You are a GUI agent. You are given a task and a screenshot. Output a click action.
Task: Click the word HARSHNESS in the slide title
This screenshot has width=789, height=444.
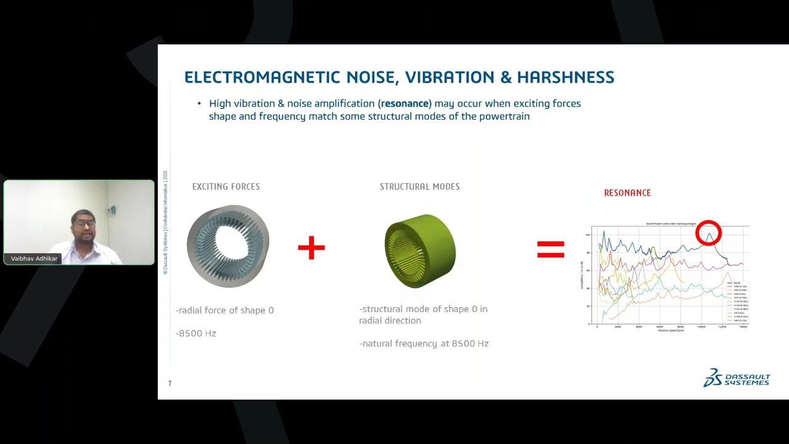(x=565, y=77)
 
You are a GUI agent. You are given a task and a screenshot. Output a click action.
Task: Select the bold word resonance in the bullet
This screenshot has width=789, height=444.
(x=404, y=104)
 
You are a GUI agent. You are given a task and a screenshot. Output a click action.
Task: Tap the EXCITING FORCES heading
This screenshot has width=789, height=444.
(x=226, y=187)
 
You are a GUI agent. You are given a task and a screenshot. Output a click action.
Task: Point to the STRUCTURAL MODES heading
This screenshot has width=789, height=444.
(x=419, y=187)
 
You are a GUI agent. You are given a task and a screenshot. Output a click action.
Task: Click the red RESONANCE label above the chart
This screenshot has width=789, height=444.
(x=627, y=193)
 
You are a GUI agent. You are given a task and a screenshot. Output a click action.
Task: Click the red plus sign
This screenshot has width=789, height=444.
(x=311, y=247)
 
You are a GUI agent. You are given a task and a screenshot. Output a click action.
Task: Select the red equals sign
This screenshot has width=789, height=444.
(x=550, y=249)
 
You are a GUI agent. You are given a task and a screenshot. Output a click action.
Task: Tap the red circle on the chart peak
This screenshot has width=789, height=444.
(x=708, y=233)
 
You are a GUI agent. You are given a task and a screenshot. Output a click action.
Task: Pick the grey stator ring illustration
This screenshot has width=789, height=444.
(x=228, y=246)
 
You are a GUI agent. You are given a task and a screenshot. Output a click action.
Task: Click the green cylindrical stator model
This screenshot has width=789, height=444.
(x=420, y=251)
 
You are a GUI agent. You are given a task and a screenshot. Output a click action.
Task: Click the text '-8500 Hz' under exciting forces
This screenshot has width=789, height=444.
(x=196, y=334)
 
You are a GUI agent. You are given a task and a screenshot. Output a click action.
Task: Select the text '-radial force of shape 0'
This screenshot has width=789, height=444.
(x=224, y=310)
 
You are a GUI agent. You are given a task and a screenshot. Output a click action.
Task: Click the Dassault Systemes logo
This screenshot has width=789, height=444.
(x=737, y=378)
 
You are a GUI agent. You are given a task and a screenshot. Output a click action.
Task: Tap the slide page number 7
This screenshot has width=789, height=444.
(x=170, y=384)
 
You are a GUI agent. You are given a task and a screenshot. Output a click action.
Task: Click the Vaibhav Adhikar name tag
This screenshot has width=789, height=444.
(x=34, y=259)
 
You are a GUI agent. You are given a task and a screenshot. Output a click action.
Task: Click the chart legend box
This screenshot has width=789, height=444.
(x=737, y=302)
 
